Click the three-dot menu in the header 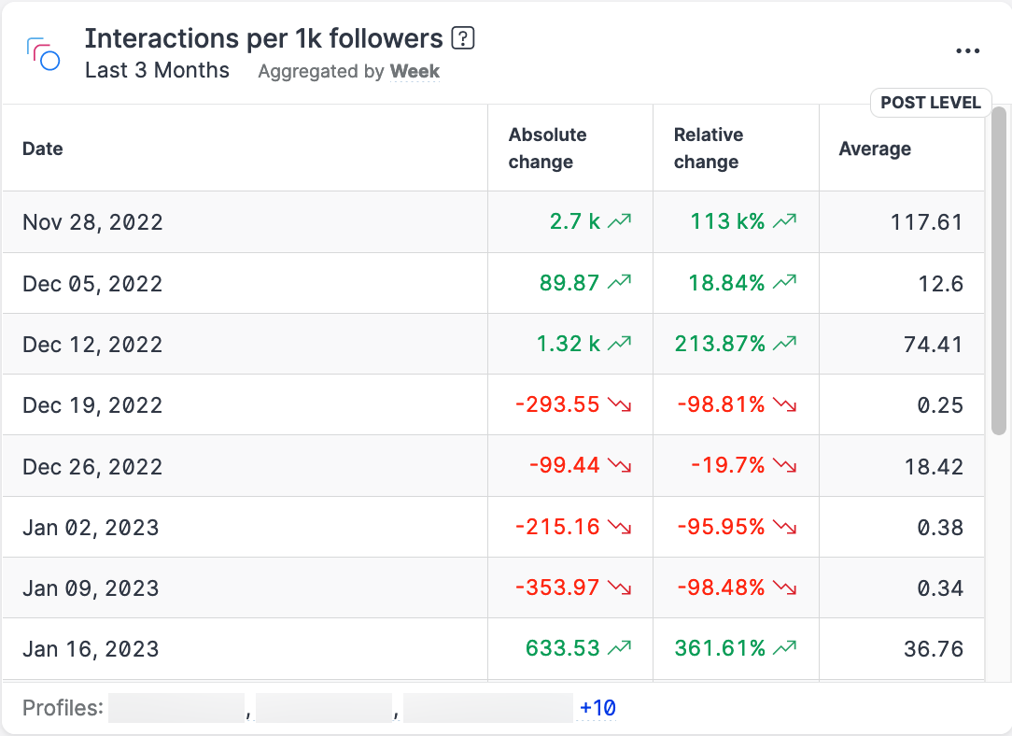968,51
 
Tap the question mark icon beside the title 463,38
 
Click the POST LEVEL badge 930,103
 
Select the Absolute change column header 547,148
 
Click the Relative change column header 708,148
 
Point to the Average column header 875,149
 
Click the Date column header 43,149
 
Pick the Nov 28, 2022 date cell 92,222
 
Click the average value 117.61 926,222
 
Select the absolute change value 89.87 569,283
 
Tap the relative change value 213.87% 720,344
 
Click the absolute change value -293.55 557,405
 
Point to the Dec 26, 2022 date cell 92,466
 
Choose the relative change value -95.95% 720,527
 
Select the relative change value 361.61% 720,649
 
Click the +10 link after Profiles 597,708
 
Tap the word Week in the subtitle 415,71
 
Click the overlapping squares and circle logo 44,54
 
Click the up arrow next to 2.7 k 620,222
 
